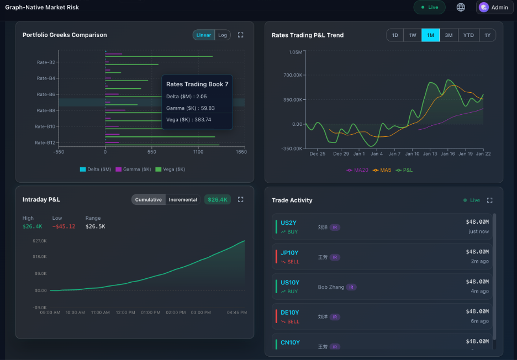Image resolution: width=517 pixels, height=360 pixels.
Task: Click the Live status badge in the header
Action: click(429, 7)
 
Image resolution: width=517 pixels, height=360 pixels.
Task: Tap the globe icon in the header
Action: click(461, 7)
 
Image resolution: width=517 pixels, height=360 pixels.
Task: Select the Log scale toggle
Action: click(223, 35)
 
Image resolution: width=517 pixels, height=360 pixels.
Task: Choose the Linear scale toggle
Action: click(204, 35)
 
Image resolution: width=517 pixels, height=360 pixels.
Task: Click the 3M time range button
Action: click(449, 35)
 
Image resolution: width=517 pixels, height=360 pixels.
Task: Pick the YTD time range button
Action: click(468, 35)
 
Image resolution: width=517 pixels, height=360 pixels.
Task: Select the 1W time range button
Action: click(413, 35)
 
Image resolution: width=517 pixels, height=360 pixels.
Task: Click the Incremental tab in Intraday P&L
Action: click(183, 199)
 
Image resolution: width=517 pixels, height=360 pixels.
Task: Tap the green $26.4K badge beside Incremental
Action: click(218, 199)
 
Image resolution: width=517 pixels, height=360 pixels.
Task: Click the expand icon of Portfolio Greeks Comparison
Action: click(240, 35)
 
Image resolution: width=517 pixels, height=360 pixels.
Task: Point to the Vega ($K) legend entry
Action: click(170, 170)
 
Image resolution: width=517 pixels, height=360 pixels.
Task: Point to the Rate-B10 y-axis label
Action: click(46, 126)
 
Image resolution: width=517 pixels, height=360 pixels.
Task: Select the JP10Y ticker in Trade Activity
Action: click(289, 253)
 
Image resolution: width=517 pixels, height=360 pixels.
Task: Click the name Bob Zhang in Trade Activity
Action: click(331, 287)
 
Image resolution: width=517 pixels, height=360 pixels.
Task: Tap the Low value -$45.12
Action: click(64, 226)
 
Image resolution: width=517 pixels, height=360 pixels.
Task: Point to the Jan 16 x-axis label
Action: click(448, 153)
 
